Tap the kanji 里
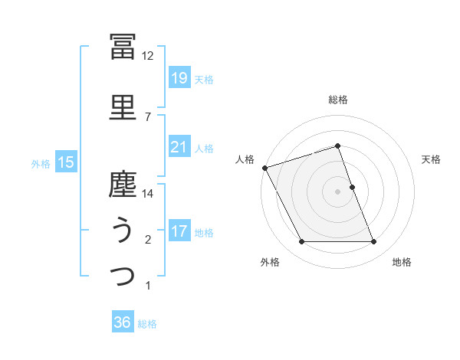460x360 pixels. click(x=123, y=106)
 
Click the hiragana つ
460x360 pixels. click(x=123, y=275)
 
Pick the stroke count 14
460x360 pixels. click(x=148, y=194)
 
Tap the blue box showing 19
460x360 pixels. click(x=179, y=78)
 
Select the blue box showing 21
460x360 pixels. click(x=179, y=147)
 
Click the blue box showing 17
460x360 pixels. click(x=179, y=231)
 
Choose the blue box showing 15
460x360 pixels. click(x=66, y=162)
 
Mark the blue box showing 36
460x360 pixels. click(x=123, y=322)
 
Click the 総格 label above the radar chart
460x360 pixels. click(x=338, y=100)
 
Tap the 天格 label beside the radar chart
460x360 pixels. click(x=432, y=159)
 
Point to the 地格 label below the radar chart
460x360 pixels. click(x=402, y=262)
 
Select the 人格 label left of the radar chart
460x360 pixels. click(x=245, y=159)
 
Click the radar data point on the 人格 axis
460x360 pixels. click(x=264, y=168)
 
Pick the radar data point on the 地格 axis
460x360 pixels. click(x=374, y=242)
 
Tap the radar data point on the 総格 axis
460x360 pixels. click(x=338, y=146)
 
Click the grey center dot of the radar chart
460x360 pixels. click(x=338, y=191)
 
